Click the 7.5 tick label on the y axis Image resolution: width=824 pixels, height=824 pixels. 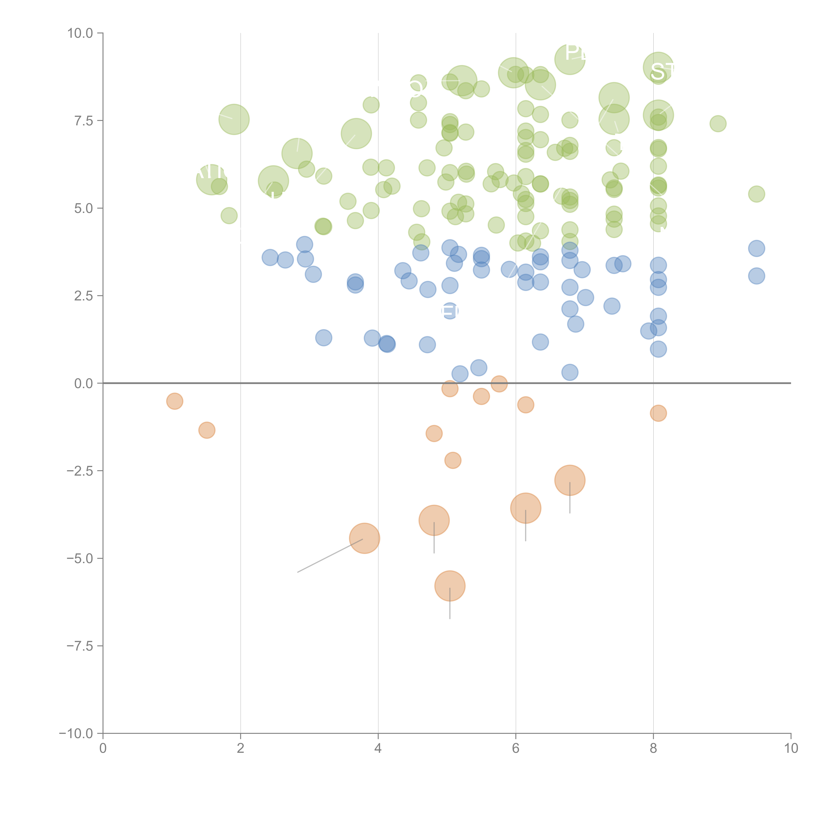83,121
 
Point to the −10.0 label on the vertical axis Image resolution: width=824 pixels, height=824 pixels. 76,734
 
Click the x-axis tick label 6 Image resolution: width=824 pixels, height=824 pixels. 516,749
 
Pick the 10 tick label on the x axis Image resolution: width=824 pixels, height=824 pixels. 791,749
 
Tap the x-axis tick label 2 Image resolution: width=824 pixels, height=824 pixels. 241,749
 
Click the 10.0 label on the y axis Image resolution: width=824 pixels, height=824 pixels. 80,33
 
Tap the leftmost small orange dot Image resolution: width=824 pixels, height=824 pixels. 174,401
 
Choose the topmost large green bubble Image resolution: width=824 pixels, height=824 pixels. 570,59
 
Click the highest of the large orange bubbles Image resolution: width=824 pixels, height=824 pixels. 570,480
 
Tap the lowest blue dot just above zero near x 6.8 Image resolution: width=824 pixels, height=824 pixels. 570,372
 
